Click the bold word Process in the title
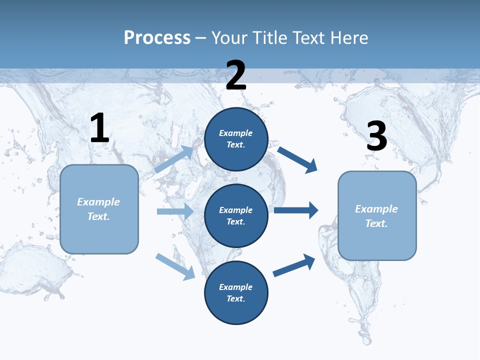pyautogui.click(x=157, y=37)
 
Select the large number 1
pyautogui.click(x=99, y=128)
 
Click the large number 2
pyautogui.click(x=236, y=75)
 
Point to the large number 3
pyautogui.click(x=376, y=136)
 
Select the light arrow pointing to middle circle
pyautogui.click(x=175, y=211)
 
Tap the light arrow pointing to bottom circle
pyautogui.click(x=175, y=266)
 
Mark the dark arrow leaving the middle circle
pyautogui.click(x=296, y=210)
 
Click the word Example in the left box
pyautogui.click(x=98, y=202)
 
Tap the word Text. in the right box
pyautogui.click(x=376, y=223)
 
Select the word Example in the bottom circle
pyautogui.click(x=236, y=287)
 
